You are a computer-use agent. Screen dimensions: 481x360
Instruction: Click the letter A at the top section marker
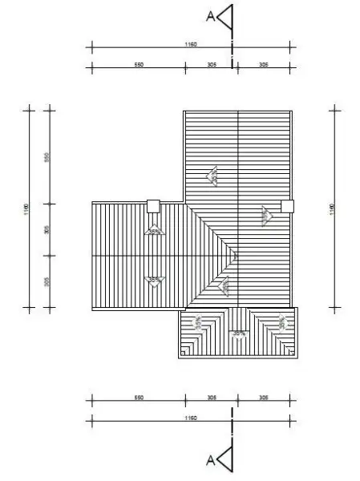click(x=211, y=15)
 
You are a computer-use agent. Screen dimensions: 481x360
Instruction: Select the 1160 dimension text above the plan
click(x=190, y=45)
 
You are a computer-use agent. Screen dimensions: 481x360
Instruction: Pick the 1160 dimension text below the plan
click(x=190, y=418)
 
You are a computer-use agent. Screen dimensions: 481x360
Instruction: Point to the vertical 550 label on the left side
click(x=47, y=156)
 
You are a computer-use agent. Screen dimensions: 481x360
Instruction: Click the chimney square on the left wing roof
click(x=153, y=206)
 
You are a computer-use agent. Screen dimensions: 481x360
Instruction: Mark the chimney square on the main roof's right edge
click(x=287, y=206)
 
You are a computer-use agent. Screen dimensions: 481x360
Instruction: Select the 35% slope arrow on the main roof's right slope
click(x=265, y=214)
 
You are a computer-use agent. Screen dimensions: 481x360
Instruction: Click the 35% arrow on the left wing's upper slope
click(x=154, y=232)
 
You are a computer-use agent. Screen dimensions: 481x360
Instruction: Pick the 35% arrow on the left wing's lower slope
click(x=154, y=280)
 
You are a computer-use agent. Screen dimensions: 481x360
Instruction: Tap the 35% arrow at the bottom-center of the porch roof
click(x=237, y=332)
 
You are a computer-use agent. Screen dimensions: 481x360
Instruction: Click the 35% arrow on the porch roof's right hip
click(x=282, y=322)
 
